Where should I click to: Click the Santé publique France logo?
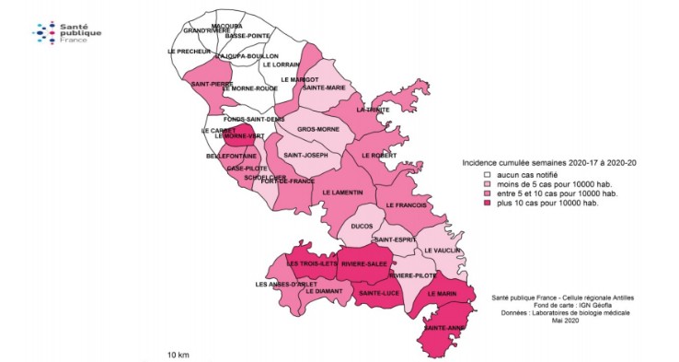(67, 34)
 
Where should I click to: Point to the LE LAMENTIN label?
(343, 192)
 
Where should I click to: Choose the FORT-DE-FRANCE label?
(286, 181)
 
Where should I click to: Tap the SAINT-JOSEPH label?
(306, 155)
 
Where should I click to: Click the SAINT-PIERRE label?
(212, 84)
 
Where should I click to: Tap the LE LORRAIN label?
(281, 64)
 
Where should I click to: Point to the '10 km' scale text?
(179, 354)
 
